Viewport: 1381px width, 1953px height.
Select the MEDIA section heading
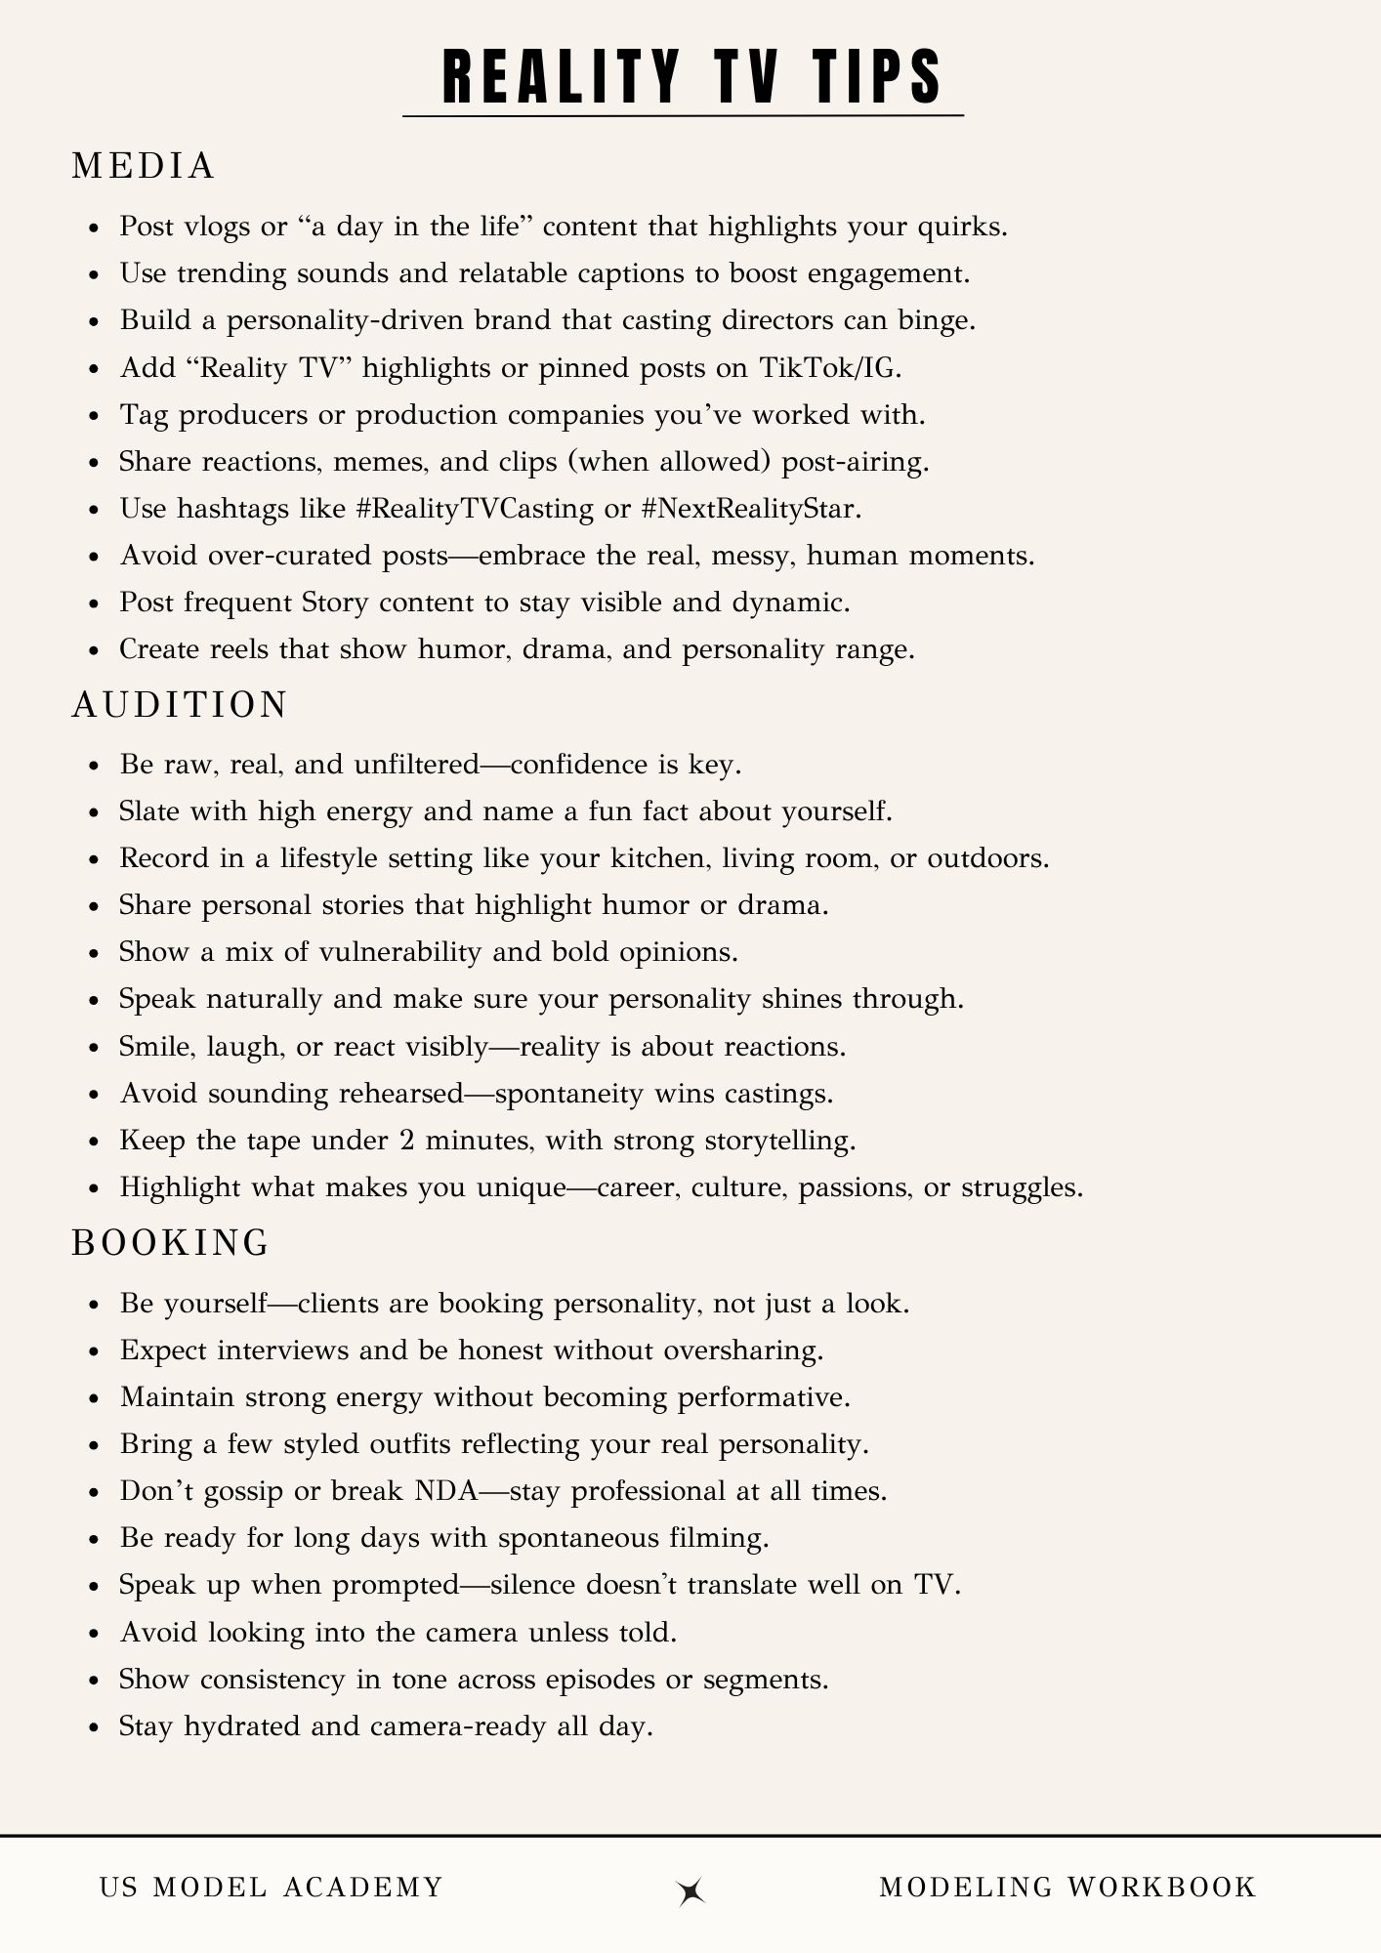pos(144,166)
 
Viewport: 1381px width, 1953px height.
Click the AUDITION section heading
pos(180,704)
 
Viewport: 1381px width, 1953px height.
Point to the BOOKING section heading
pos(171,1242)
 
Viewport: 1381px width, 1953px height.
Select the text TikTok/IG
pos(830,367)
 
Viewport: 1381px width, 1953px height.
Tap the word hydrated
pos(243,1726)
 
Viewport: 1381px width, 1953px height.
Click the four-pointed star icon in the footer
pos(691,1891)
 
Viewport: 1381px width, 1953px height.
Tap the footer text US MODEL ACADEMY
pos(272,1887)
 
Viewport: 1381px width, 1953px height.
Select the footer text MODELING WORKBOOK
pos(1067,1887)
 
